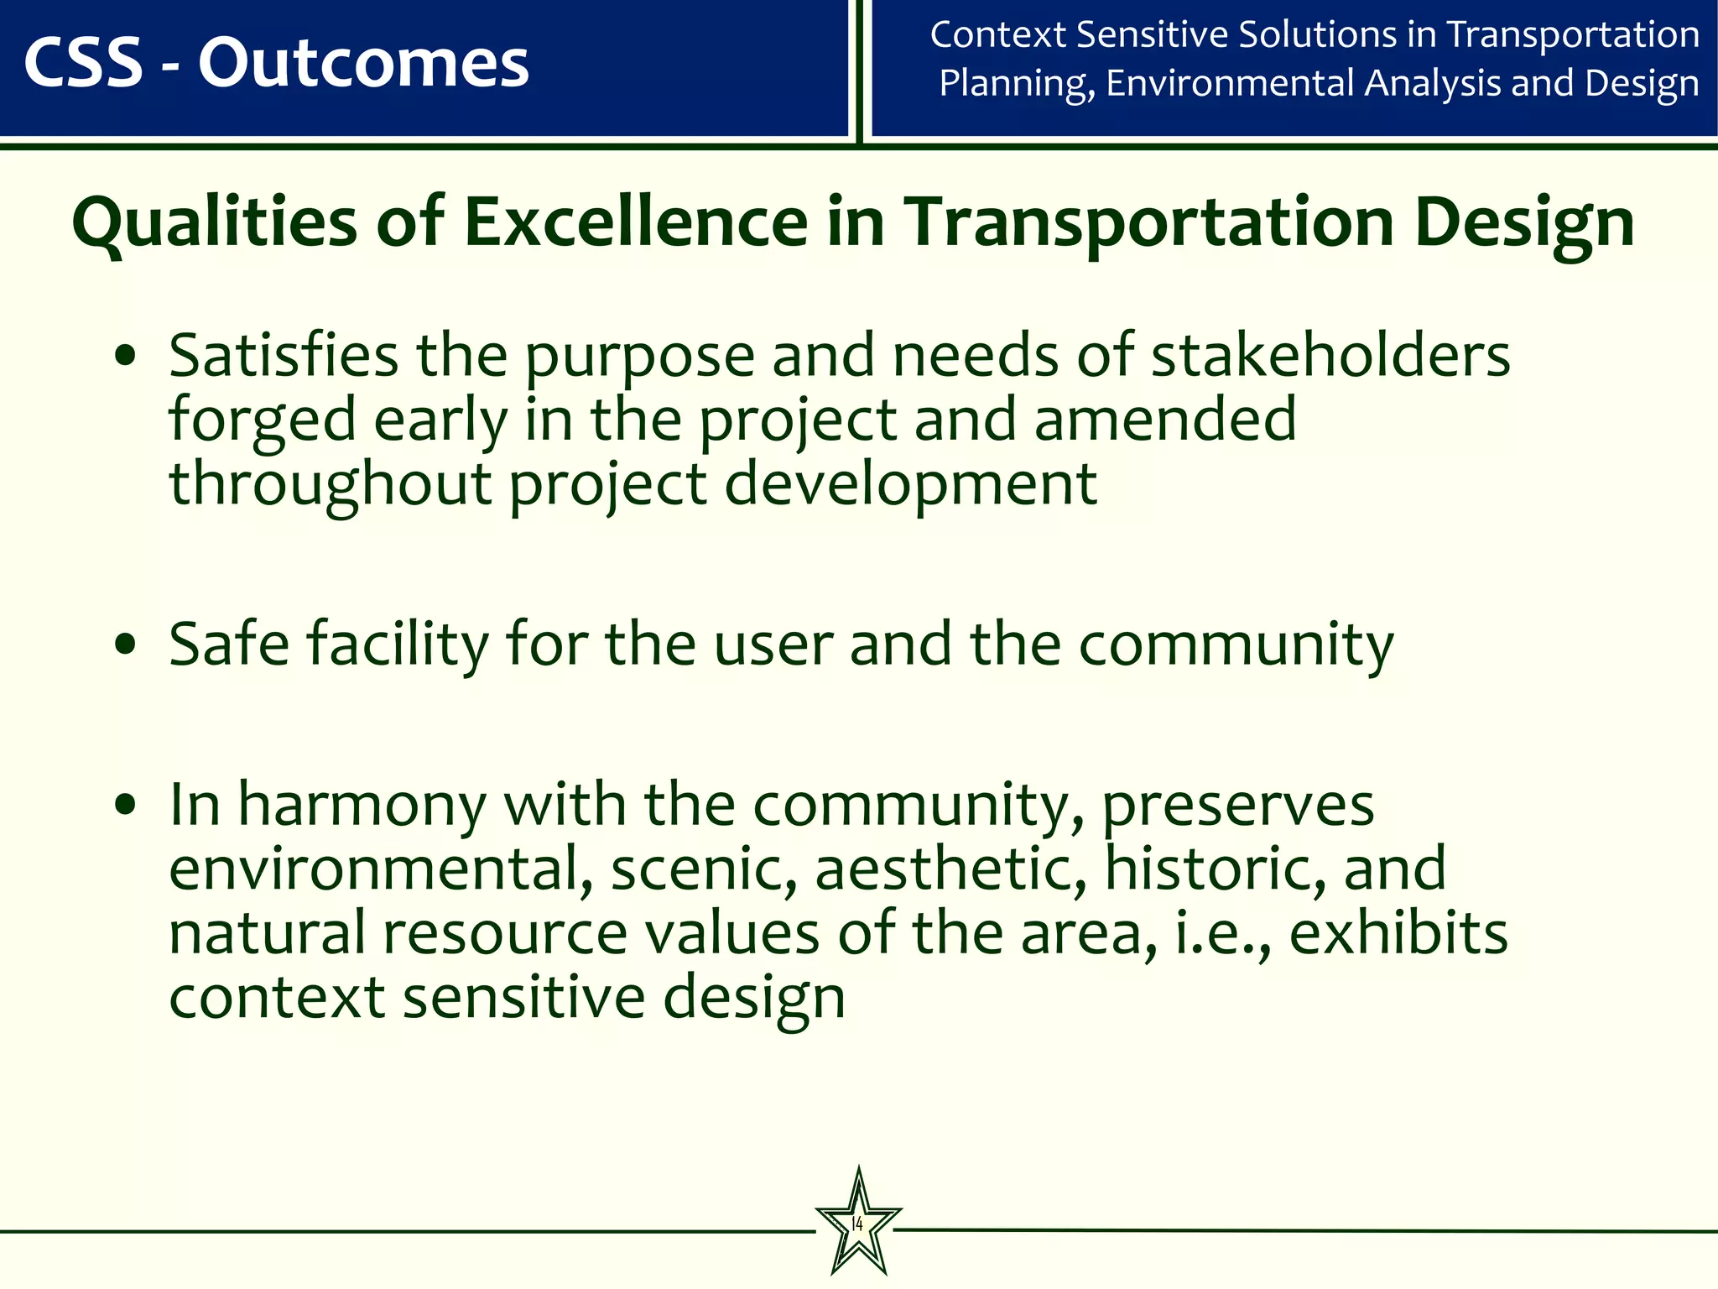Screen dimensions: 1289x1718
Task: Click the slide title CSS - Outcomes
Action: [x=277, y=64]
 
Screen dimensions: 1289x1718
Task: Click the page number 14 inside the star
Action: [x=857, y=1224]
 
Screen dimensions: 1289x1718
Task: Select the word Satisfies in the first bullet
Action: [x=284, y=356]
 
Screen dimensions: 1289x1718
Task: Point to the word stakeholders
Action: [x=1330, y=356]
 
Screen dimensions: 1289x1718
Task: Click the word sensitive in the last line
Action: [x=523, y=998]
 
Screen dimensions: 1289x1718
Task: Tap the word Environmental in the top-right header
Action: [x=1231, y=83]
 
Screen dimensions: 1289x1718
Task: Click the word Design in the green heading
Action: [x=1524, y=223]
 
